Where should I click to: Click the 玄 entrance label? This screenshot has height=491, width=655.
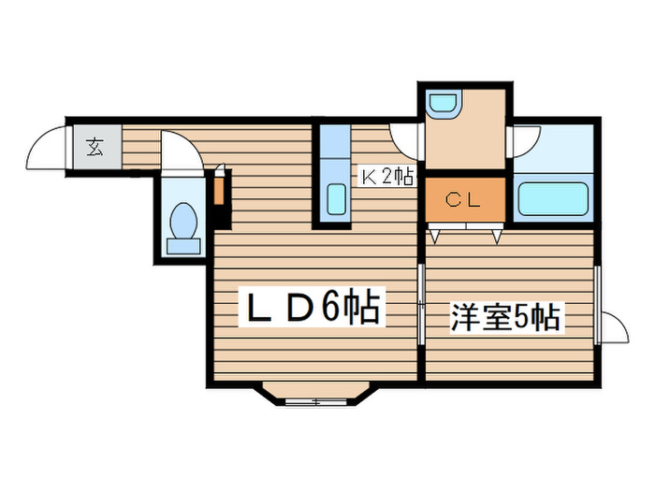(95, 146)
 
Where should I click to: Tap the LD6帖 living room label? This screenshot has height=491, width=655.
(313, 309)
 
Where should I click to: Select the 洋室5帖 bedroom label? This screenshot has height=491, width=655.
(504, 318)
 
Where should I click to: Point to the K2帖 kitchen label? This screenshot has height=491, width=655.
(386, 175)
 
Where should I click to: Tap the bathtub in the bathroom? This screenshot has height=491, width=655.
(552, 198)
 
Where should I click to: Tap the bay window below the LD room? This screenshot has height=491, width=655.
(314, 395)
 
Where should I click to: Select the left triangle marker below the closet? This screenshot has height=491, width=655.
(434, 237)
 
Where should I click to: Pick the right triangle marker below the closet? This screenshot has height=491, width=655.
(497, 237)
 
